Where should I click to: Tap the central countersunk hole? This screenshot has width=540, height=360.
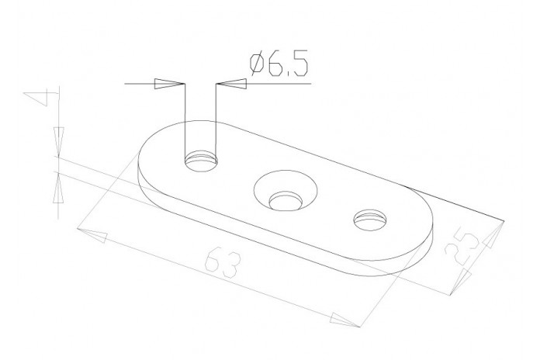[286, 190]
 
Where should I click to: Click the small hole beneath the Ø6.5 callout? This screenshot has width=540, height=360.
[201, 161]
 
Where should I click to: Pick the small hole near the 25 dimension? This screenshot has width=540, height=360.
[370, 220]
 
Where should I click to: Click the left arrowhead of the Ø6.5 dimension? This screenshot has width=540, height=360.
[169, 84]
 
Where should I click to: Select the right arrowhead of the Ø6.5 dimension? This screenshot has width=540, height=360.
[231, 84]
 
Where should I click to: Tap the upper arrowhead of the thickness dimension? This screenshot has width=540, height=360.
[59, 142]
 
